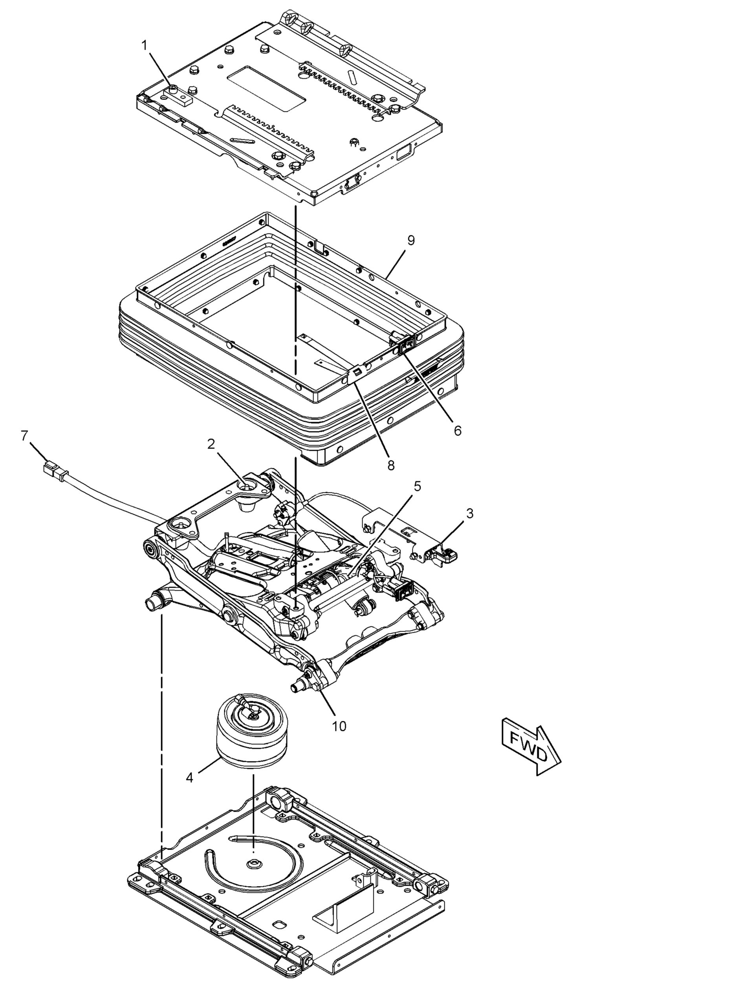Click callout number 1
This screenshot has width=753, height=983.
pos(144,45)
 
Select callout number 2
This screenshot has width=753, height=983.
pos(211,444)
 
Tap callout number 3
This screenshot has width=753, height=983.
pos(469,513)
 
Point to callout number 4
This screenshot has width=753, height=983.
pos(190,777)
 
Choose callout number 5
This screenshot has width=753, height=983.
pos(417,486)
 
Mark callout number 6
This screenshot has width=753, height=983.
pos(457,431)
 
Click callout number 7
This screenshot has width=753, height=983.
pos(25,435)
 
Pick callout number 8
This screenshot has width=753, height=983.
pos(391,466)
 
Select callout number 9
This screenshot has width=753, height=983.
pos(411,241)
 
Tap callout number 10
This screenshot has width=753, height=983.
pos(339,726)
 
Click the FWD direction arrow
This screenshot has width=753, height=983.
pos(531,750)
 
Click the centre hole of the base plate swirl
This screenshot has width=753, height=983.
pos(255,863)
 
